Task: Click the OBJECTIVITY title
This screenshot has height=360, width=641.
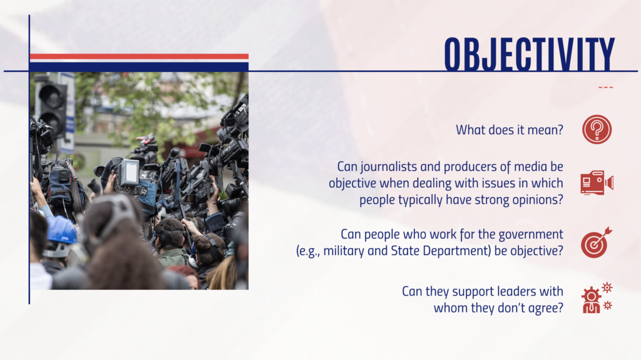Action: coord(530,54)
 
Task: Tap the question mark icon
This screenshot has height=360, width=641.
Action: coord(597,129)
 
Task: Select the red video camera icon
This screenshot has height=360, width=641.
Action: coord(597,182)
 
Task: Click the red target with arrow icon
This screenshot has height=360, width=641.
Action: coord(597,242)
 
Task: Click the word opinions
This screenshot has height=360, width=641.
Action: coord(538,200)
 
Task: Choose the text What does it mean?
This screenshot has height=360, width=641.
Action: coord(510,130)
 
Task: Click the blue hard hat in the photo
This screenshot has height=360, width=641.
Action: coord(61,230)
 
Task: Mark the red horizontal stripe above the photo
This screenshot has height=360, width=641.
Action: coord(139,56)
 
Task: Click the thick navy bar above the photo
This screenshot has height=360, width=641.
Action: coord(139,66)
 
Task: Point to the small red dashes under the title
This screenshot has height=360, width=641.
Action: coord(605,87)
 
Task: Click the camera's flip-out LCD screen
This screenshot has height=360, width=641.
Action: coord(131,172)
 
